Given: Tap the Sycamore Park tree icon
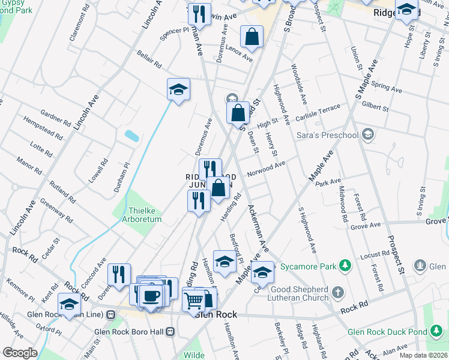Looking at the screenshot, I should [345, 265].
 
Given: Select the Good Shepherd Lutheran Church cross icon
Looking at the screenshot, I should [338, 292].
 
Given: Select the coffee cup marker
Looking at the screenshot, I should [151, 295].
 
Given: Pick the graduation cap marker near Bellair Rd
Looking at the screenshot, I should [178, 89].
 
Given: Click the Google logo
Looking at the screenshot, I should [20, 352].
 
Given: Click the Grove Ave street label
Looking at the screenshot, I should [366, 226].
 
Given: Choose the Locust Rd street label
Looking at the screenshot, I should [371, 256].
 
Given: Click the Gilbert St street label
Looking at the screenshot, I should [376, 106].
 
